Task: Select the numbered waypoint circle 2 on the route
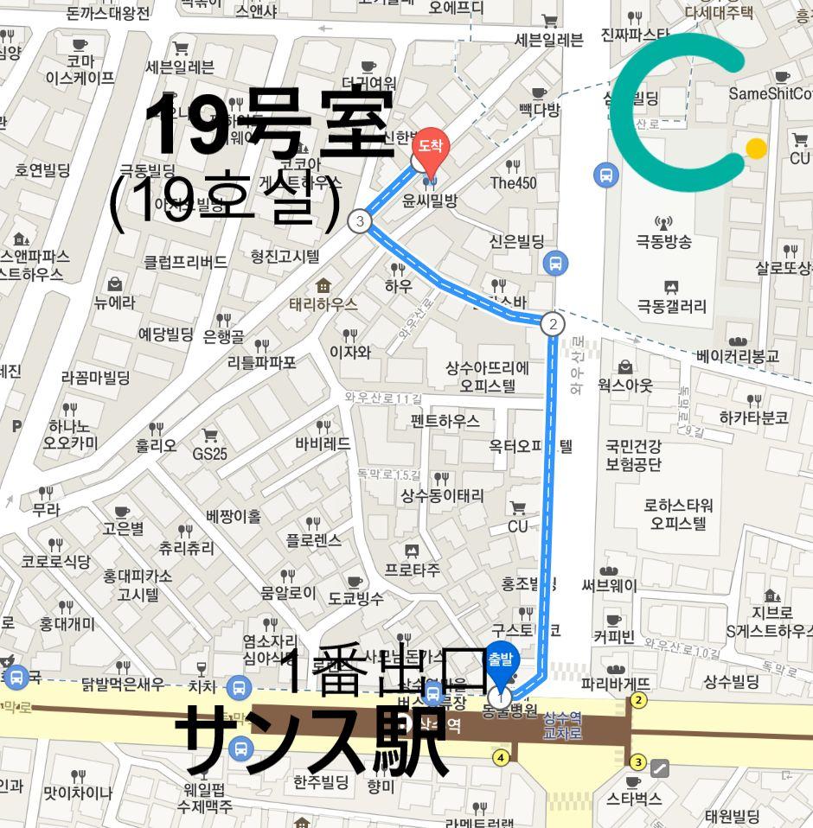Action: (552, 324)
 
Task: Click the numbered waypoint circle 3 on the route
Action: (359, 221)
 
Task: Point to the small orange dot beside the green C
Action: (756, 149)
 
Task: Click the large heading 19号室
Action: (269, 123)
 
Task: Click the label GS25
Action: (209, 453)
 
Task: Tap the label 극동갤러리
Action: (671, 306)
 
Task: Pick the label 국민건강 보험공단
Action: (633, 455)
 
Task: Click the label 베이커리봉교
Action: (737, 355)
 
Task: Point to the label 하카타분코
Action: (753, 417)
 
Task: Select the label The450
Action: (513, 182)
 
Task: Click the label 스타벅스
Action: (633, 798)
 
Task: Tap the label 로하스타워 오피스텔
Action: (679, 514)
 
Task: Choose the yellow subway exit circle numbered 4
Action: (500, 758)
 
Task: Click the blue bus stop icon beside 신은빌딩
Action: (555, 263)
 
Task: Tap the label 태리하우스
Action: (323, 303)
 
